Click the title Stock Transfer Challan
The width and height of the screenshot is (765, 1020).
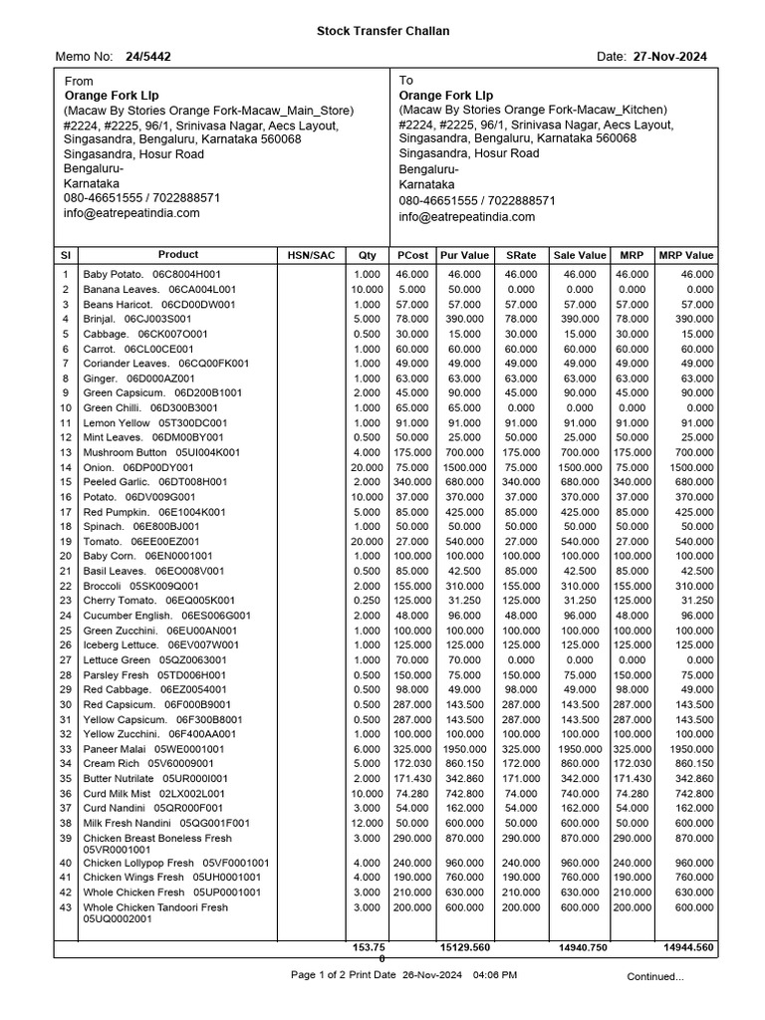(382, 31)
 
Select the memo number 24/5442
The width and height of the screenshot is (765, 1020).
(147, 57)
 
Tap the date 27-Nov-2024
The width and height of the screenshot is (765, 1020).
(669, 57)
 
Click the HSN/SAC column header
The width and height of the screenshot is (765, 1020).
(311, 255)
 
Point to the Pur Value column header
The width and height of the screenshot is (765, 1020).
(464, 255)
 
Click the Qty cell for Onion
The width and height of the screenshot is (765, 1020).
(366, 467)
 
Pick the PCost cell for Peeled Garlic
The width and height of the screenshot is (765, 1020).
(411, 482)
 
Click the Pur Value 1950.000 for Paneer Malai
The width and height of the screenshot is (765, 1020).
(465, 749)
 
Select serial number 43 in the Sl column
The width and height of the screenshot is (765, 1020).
(66, 907)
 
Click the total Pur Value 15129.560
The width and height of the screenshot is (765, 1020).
(465, 947)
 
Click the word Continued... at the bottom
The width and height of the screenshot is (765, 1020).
(654, 976)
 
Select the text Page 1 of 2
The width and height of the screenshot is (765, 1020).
(316, 974)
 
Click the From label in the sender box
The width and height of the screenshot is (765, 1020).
(79, 81)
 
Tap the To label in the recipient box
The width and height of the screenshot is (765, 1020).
(406, 80)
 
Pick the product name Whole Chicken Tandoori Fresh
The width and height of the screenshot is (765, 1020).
(155, 907)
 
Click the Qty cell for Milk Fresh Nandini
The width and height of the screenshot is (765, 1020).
(366, 824)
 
